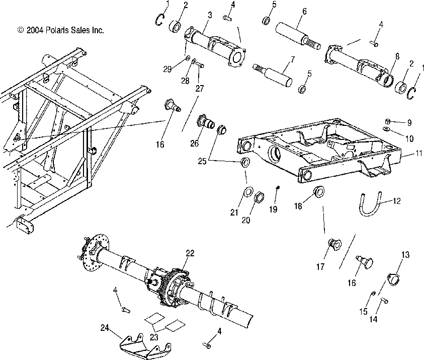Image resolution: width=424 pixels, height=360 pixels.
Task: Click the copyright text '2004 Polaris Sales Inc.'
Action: click(x=60, y=30)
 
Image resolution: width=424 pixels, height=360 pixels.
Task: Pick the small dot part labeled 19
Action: click(x=277, y=188)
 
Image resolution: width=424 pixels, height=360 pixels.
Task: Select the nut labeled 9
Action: click(x=388, y=122)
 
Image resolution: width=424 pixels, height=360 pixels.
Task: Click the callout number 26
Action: click(x=194, y=143)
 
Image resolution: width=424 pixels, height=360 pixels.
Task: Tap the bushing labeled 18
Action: click(x=318, y=191)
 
